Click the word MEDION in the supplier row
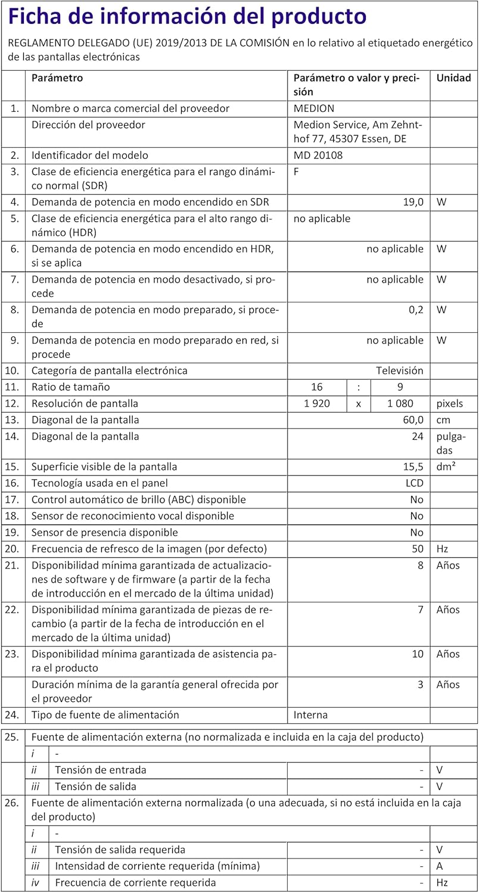point(314,108)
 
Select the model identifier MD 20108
point(318,155)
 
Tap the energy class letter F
point(297,172)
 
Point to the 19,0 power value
point(413,202)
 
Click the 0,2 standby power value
point(416,310)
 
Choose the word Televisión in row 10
point(399,371)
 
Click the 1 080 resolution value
point(400,404)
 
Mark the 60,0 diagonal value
point(413,420)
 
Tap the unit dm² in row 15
point(446,467)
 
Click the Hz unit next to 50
point(443,548)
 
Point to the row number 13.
point(13,420)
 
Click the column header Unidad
point(454,78)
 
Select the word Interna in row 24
point(310,715)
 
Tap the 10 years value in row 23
point(418,654)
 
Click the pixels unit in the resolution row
point(449,404)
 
